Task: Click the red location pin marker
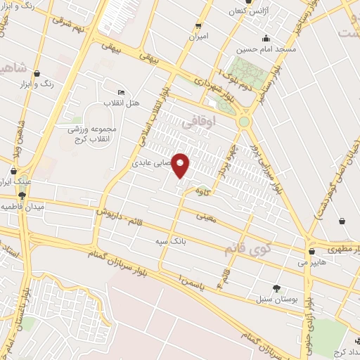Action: [x=181, y=165]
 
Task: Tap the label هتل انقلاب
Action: [x=123, y=104]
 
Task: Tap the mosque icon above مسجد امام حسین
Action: [x=266, y=39]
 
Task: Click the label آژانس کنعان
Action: [x=253, y=11]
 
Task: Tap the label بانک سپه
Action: [x=170, y=242]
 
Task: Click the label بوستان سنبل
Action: [x=276, y=300]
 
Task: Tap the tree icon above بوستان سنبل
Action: [x=276, y=288]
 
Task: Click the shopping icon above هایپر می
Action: [x=311, y=251]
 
